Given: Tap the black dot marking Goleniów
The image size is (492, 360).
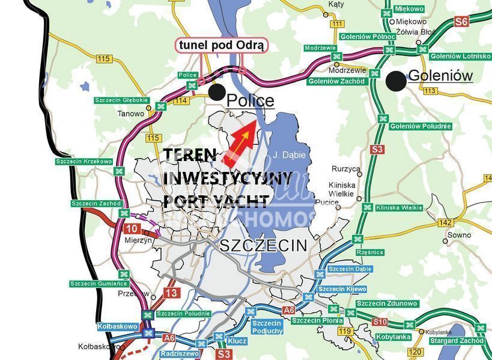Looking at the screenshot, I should click(395, 81).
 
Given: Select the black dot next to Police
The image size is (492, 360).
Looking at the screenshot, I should click(216, 92).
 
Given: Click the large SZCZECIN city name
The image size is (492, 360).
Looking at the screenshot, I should click(263, 245).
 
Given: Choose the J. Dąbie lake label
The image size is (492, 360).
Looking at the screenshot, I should click(290, 155).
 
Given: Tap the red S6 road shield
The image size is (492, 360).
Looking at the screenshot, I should click(461, 22).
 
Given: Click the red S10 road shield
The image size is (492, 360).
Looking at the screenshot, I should click(379, 322).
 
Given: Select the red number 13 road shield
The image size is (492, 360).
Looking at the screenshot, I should click(172, 293).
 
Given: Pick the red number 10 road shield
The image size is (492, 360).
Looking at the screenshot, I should click(132, 228).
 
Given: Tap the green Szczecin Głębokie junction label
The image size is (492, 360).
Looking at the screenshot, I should click(120, 100).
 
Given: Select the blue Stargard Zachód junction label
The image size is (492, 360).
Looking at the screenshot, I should click(456, 341).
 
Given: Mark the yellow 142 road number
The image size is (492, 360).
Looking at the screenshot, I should click(445, 222).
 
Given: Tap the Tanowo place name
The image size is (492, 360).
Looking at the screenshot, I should click(130, 113).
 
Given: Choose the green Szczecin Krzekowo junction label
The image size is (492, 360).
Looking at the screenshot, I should click(84, 161).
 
